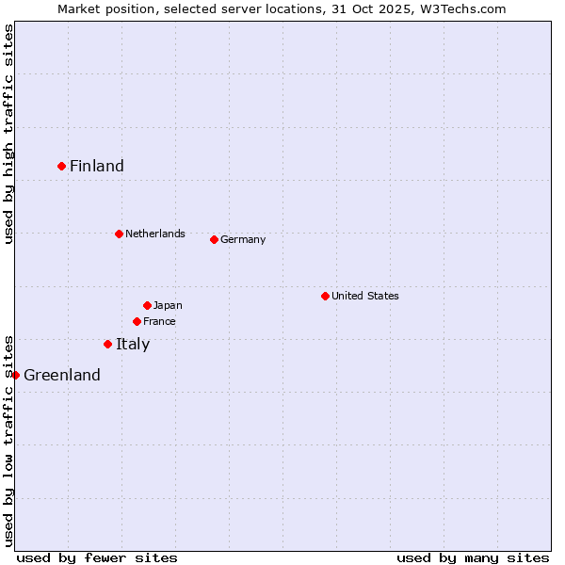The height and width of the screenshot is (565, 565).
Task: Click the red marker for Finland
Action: point(62,166)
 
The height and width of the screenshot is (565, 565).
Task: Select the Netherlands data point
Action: point(119,234)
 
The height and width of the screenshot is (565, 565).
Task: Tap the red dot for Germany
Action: point(214,239)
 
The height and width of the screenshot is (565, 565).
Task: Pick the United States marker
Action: point(325,296)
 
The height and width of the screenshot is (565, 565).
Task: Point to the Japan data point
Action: point(147,305)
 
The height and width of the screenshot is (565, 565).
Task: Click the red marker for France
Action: point(137,321)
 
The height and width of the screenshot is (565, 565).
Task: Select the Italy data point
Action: point(107,344)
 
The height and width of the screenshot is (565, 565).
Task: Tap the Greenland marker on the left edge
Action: point(15,375)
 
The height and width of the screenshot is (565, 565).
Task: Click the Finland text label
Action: point(97,166)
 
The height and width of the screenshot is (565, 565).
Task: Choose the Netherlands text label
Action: point(155,234)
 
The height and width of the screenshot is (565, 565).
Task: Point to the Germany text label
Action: point(243,239)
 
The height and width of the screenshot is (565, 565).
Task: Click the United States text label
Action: point(365,296)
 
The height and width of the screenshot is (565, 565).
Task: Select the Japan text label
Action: point(168,305)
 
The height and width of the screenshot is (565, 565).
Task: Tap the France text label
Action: point(159,321)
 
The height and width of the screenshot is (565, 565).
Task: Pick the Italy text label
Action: point(133,344)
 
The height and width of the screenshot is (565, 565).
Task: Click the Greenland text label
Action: point(62,375)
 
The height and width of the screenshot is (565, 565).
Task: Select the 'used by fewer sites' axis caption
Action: point(97,557)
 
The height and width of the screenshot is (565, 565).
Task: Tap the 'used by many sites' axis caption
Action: point(473,557)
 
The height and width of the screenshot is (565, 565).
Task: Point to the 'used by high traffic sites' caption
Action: point(8,134)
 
